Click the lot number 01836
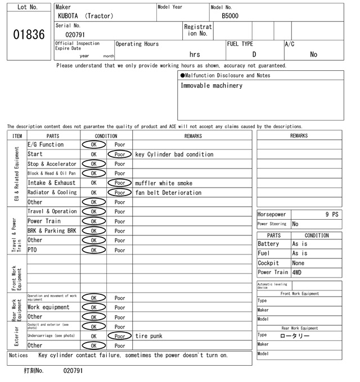28,35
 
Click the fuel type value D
254,54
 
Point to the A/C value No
313,54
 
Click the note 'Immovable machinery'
211,86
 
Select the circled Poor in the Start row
120,154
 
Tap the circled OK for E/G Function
93,145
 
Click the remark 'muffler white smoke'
164,183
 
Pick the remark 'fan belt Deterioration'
168,193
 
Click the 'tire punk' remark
148,336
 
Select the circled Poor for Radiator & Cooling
120,193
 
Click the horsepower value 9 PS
331,215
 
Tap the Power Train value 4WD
296,272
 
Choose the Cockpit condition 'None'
298,263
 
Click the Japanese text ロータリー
295,335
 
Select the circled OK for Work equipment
93,307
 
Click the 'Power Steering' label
272,224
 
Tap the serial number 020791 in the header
75,35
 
